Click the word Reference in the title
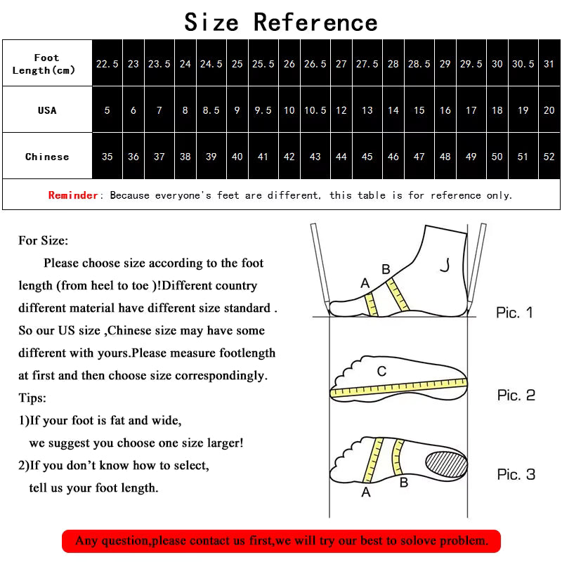pos(315,22)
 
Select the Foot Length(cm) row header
pos(46,64)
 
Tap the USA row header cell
pos(46,110)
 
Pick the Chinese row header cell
pos(46,157)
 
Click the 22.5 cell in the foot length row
pos(107,64)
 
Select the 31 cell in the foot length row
pos(549,64)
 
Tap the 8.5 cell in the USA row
pos(211,110)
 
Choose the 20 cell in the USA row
pos(549,110)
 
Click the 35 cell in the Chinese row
pos(107,157)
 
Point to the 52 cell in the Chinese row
pos(549,157)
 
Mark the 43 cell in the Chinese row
pos(315,157)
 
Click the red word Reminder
pos(73,195)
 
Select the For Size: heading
pos(44,241)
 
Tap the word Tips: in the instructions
pos(32,398)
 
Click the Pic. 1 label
pos(515,313)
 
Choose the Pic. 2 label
pos(516,396)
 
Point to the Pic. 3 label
pos(516,475)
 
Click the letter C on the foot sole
pos(381,371)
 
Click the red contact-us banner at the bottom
pos(281,540)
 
